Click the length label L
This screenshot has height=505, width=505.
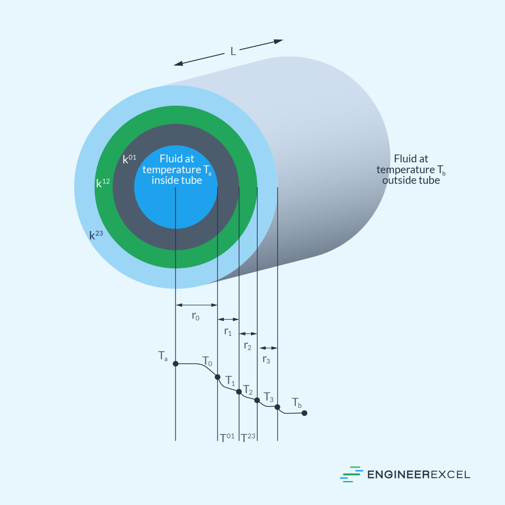point(233,52)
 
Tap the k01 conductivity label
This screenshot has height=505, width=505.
point(129,159)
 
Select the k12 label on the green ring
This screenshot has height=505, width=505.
point(103,183)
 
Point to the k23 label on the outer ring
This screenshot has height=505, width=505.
point(96,235)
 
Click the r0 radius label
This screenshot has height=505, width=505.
point(196,316)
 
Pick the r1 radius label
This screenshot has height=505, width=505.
point(228,331)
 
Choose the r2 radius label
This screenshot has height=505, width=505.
point(248,346)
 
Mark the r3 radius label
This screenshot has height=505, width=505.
point(266,360)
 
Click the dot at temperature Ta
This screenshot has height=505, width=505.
point(176,364)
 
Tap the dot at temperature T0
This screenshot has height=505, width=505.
point(218,377)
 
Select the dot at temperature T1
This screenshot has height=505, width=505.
point(239,392)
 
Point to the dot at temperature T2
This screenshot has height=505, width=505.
point(257,400)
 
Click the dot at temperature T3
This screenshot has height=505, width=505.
point(277,407)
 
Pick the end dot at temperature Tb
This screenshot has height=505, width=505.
point(304,413)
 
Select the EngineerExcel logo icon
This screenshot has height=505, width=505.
point(351,474)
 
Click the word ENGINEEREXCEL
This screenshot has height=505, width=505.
point(419,475)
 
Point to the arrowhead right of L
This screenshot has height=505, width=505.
point(278,41)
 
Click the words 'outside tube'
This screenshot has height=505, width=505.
point(411,180)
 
